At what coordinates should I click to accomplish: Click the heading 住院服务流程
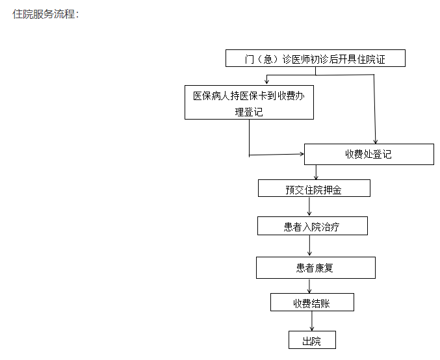point(44,14)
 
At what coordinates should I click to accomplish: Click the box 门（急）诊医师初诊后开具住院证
point(315,58)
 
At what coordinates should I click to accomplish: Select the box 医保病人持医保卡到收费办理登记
point(249,103)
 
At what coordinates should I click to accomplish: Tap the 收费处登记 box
point(369,154)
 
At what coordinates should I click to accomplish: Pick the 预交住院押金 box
point(314,188)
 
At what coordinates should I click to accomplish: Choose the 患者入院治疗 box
point(313,225)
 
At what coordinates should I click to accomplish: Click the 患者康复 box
point(316,268)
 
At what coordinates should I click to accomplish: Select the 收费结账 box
point(312,302)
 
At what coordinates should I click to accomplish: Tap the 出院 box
point(312,340)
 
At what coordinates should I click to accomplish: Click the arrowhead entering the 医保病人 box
point(266,82)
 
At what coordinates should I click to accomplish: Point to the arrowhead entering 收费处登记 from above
point(376,142)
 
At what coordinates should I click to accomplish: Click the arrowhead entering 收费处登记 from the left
point(302,154)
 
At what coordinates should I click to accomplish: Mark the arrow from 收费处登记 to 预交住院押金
point(316,172)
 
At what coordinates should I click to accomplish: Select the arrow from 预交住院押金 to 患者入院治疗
point(309,206)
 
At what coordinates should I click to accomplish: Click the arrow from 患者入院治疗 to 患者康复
point(309,246)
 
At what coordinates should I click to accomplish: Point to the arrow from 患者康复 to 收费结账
point(309,286)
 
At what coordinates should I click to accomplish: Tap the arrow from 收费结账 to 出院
point(312,321)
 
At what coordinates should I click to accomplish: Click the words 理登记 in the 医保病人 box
point(249,112)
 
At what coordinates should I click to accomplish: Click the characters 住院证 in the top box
point(371,59)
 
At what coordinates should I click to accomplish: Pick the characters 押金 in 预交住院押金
point(333,190)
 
